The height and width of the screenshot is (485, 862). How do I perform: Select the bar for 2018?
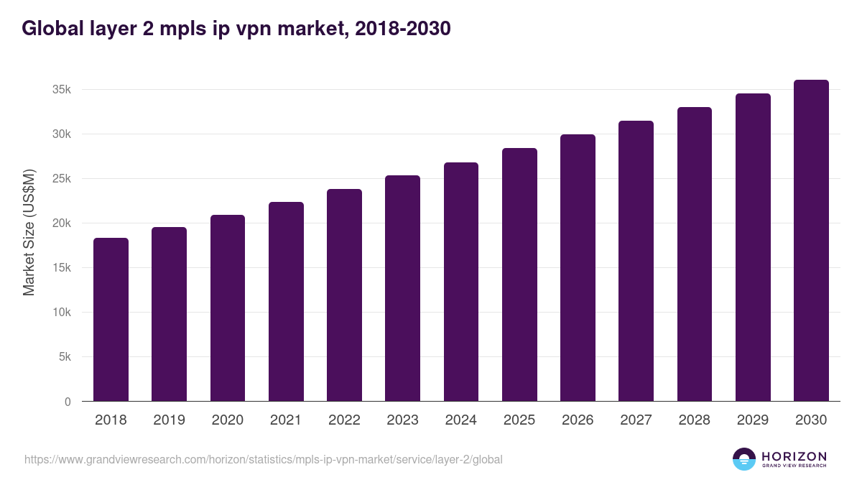coord(111,320)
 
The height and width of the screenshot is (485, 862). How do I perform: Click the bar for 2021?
coord(286,302)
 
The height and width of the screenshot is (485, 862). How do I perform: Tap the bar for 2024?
coord(461,282)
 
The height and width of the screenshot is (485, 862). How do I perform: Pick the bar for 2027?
coord(636,261)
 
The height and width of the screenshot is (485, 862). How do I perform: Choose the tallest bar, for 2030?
coord(811,241)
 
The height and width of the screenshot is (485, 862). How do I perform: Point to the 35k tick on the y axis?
coord(61,90)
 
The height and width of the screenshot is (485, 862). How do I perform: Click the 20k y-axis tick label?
coord(61,223)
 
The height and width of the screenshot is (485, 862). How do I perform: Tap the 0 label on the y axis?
coord(68,402)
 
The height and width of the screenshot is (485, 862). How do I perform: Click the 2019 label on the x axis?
coord(169,420)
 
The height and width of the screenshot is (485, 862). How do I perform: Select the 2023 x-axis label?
coord(402,420)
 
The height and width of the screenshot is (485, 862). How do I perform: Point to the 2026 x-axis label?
coord(578,420)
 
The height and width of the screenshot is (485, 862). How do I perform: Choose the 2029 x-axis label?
coord(753,420)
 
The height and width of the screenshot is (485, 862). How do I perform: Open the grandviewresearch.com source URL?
coord(263,459)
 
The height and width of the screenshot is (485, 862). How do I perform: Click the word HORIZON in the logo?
coord(794,456)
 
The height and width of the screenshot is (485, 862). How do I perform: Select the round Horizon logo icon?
coord(744,459)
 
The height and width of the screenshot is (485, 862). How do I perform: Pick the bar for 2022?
coord(344,295)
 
